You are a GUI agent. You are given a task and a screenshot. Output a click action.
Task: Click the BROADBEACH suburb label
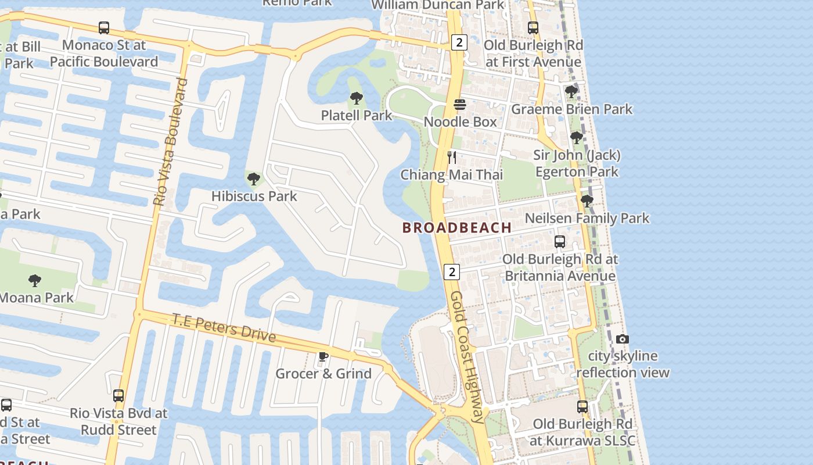click(x=457, y=227)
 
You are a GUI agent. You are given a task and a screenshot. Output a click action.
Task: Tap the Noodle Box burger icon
click(x=460, y=105)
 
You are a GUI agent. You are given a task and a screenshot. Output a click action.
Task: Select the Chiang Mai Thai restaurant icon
click(x=452, y=157)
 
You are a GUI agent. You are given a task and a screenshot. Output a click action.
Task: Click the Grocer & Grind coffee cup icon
click(x=323, y=356)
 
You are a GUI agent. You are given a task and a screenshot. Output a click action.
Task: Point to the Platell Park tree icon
click(x=357, y=98)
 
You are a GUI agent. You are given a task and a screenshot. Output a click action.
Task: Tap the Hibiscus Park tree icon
click(x=253, y=178)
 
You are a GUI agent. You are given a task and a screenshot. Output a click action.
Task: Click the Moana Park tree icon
click(x=35, y=281)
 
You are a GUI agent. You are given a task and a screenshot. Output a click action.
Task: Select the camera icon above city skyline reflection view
click(x=623, y=339)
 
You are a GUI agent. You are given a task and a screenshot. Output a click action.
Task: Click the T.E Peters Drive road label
click(x=224, y=328)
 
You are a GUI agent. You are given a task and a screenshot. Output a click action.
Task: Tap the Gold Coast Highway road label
click(x=467, y=356)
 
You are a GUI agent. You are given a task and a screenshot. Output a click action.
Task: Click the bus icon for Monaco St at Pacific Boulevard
click(x=104, y=27)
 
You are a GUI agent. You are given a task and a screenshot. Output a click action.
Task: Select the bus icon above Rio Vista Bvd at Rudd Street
click(x=118, y=396)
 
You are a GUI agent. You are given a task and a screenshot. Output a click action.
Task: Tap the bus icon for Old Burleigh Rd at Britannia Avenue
click(x=560, y=241)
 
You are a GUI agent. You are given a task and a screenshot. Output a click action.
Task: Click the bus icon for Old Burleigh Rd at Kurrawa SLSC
click(x=582, y=406)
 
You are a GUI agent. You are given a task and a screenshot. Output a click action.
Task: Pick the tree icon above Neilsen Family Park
click(x=587, y=201)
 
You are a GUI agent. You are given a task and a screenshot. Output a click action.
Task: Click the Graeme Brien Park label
click(x=571, y=109)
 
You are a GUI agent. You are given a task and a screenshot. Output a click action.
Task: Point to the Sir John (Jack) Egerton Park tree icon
click(x=577, y=138)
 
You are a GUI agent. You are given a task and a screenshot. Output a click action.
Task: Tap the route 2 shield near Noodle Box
click(x=459, y=42)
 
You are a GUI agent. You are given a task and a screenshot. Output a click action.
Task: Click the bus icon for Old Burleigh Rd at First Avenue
click(x=533, y=27)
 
